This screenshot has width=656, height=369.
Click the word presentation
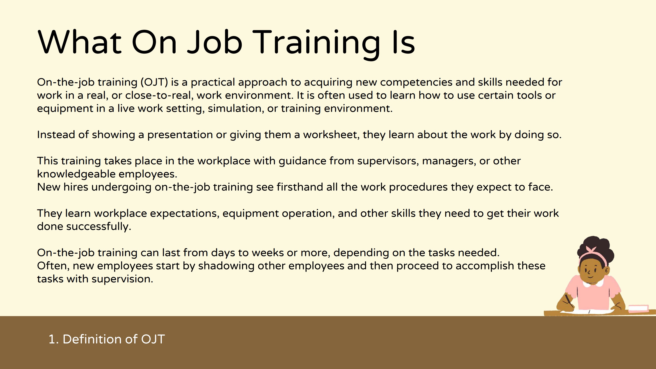coord(180,135)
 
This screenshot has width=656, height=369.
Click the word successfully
coord(99,227)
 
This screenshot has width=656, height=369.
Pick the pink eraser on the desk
coord(638,308)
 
